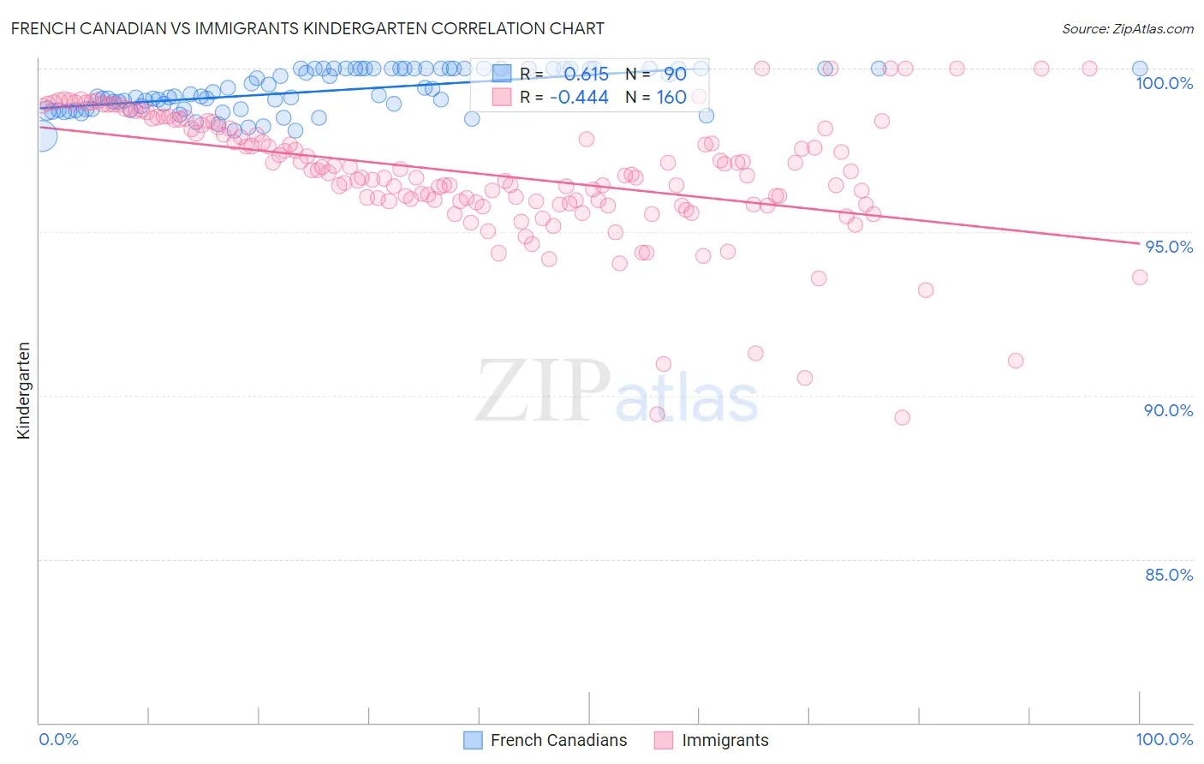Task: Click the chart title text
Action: pos(307,28)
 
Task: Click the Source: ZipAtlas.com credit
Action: pos(1127,28)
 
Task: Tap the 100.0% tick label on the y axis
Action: pos(1164,83)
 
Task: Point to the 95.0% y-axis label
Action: pos(1169,247)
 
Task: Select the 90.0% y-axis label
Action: pos(1168,410)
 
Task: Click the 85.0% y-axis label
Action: pos(1169,575)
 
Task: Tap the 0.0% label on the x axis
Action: pos(58,739)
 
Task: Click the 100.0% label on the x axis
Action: pos(1164,739)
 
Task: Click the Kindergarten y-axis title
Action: pos(24,391)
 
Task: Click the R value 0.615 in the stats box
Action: pos(586,75)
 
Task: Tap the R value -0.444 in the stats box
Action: pos(579,98)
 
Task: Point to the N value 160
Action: pos(671,98)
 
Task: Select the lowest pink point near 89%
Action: pos(902,417)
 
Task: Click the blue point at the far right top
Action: pos(1140,69)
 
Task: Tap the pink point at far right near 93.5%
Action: pos(1139,277)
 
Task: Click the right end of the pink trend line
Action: pos(1140,244)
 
